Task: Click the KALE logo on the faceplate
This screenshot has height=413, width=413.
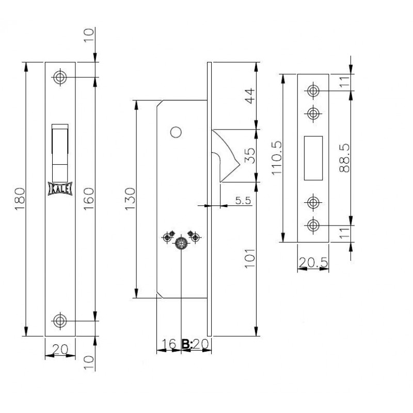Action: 60,188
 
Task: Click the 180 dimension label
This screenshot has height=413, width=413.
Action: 20,199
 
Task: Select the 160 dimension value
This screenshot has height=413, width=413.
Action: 89,199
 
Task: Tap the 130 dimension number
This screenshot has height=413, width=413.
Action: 130,199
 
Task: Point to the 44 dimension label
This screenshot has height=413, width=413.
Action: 250,96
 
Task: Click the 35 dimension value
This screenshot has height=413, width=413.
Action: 250,156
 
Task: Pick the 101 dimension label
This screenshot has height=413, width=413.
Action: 250,258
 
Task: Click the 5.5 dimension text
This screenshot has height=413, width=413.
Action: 243,200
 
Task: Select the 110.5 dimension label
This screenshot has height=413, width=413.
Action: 277,158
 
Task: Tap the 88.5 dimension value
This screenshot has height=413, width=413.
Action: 344,158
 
